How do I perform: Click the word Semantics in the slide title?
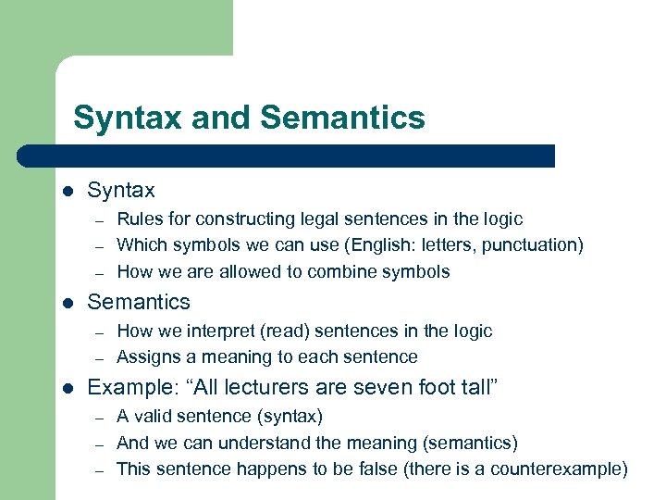coord(343,118)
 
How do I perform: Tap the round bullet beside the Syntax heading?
coord(68,192)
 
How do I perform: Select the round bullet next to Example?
coord(68,388)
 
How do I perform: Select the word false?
coord(375,469)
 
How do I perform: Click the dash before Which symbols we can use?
coord(96,246)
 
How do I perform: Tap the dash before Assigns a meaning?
coord(96,358)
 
